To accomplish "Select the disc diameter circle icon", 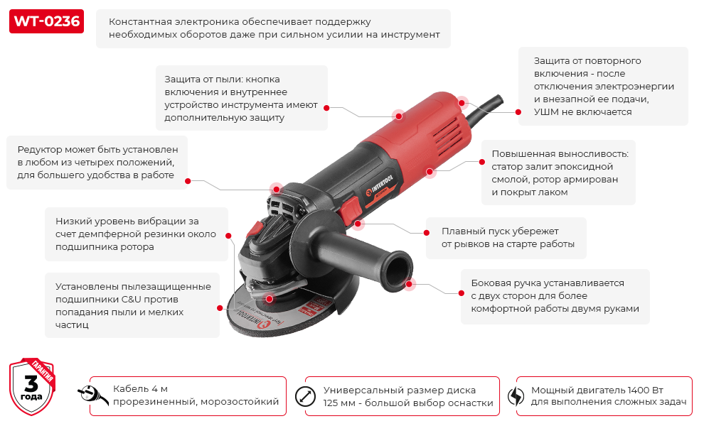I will (x=305, y=396).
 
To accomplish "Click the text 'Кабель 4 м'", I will (x=140, y=390).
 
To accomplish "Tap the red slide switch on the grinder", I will (x=350, y=210).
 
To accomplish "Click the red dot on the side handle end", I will (x=410, y=284).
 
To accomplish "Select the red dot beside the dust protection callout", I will (x=326, y=108).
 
